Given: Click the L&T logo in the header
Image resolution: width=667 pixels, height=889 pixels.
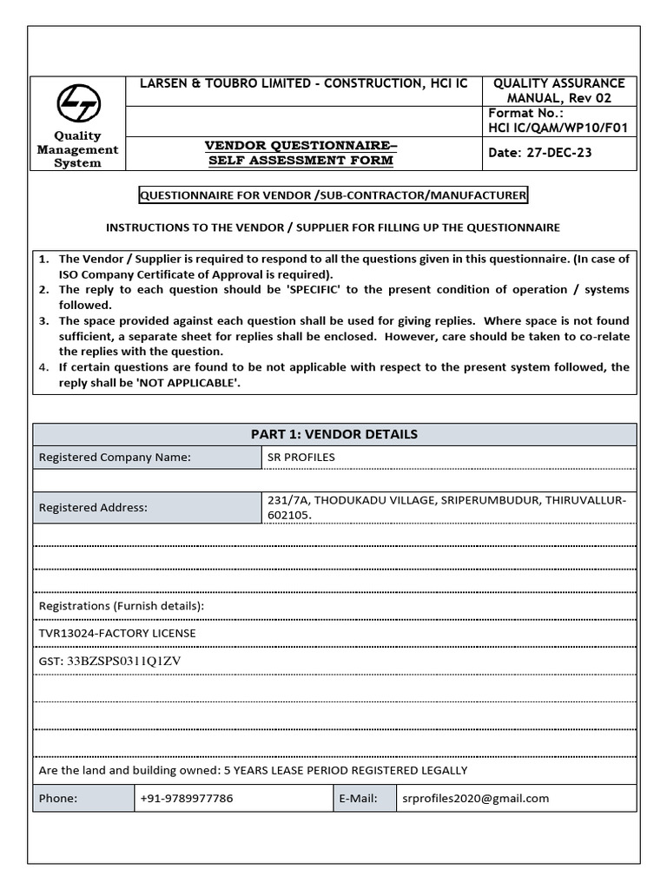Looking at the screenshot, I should tap(78, 104).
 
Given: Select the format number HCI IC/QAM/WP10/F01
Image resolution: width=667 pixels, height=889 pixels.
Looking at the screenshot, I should tap(558, 128).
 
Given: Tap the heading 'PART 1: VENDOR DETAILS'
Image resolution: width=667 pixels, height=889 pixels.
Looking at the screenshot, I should tap(334, 434).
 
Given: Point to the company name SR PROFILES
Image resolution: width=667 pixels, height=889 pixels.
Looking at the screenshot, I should tap(301, 458).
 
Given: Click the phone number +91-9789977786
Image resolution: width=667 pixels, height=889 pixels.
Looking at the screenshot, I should tap(186, 799).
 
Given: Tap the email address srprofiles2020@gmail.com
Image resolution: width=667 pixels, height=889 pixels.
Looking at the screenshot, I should tap(475, 799).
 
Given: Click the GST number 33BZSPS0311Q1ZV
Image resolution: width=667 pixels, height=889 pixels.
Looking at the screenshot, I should tap(124, 661).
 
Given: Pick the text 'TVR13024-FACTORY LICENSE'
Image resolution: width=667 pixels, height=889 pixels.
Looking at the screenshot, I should tap(117, 633).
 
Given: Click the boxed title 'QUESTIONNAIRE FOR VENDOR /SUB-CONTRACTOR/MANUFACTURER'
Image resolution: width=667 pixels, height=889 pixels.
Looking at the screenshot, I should tap(333, 195).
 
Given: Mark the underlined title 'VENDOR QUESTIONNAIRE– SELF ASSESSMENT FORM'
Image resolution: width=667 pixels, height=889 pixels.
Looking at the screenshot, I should tap(300, 153).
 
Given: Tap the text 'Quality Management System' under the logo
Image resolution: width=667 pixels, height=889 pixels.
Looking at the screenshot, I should tap(77, 149).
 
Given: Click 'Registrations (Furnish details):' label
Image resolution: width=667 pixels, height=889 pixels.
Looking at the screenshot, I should tap(122, 605).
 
